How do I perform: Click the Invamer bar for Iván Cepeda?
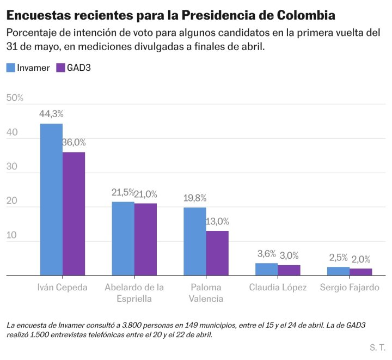click(x=51, y=199)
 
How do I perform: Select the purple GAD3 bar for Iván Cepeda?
click(x=73, y=213)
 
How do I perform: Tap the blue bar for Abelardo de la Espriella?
click(x=123, y=239)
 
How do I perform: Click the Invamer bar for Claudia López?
click(x=266, y=269)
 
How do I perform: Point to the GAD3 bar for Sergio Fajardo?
click(x=360, y=272)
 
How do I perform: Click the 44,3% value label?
click(x=51, y=114)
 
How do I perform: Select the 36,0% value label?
click(x=74, y=142)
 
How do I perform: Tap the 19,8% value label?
click(x=195, y=198)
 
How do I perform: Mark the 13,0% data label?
click(x=217, y=221)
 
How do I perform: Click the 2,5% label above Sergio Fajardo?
click(x=338, y=257)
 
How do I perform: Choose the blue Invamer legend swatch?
click(x=11, y=68)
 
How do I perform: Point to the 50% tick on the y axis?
click(x=15, y=98)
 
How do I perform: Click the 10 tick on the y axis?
click(x=12, y=235)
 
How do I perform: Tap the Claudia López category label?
click(x=278, y=288)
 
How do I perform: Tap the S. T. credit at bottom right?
click(x=377, y=347)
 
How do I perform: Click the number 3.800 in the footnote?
click(x=130, y=325)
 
